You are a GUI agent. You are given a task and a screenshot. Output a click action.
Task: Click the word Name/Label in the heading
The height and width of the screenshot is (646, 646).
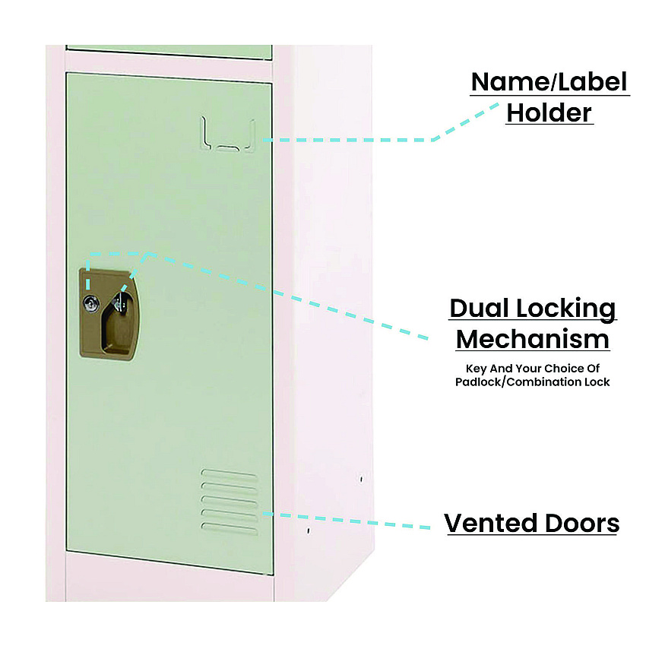549,81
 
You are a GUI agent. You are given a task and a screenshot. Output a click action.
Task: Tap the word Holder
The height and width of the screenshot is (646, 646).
549,112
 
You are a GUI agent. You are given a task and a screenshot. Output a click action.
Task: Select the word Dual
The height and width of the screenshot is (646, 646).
480,308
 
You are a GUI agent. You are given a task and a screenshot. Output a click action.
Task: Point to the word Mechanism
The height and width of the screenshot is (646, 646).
532,340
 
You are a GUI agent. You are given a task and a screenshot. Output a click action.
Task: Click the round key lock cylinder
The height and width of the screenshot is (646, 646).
90,304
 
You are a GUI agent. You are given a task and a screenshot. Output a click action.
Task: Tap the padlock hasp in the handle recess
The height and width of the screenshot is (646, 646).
120,302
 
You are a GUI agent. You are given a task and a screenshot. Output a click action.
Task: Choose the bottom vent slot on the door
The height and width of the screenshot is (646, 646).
230,529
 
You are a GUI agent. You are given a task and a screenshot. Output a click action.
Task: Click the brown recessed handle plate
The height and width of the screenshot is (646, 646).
108,315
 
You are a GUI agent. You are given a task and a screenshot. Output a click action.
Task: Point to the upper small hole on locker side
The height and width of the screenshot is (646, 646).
361,479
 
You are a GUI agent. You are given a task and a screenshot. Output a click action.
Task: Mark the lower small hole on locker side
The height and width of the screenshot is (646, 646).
308,531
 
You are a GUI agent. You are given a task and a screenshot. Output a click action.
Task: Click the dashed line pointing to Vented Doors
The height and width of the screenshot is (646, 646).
346,521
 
